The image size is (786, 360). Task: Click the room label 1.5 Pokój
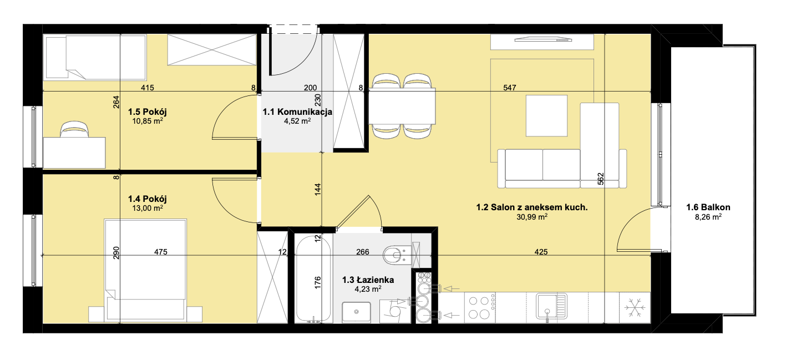[x=148, y=112]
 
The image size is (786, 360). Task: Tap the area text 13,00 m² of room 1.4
[x=148, y=208]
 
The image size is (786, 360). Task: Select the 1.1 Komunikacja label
[x=297, y=112]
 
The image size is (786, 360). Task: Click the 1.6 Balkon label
[x=708, y=207]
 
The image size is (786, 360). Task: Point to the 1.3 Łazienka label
[x=368, y=280]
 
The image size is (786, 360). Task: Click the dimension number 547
[x=510, y=88]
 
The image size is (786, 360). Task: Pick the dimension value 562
[x=600, y=179]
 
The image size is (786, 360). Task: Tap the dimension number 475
[x=161, y=252]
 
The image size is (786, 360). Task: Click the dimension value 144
[x=317, y=190]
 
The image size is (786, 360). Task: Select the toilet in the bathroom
[x=397, y=255]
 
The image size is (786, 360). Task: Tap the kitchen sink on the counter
[x=551, y=306]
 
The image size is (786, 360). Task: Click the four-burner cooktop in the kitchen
[x=480, y=307]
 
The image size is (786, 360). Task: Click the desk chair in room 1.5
[x=74, y=129]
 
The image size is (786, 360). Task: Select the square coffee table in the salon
[x=546, y=115]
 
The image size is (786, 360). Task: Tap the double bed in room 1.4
[x=145, y=270]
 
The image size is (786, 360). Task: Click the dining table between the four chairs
[x=402, y=107]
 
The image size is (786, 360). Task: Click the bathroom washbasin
[x=356, y=312]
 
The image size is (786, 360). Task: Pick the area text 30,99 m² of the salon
[x=532, y=217]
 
